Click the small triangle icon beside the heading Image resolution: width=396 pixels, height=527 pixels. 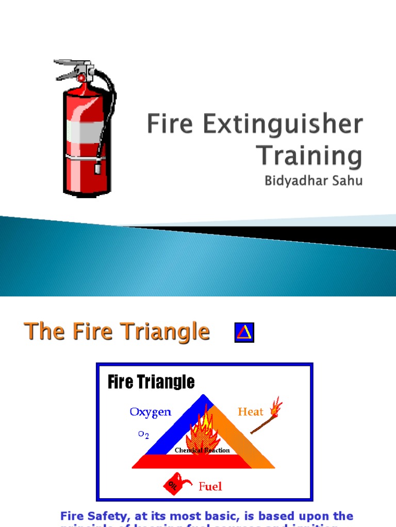(x=244, y=332)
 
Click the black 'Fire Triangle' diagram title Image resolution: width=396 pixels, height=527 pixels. (x=151, y=382)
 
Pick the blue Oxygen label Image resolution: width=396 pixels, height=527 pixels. (x=150, y=412)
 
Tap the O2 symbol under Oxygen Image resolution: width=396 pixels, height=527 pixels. (x=143, y=434)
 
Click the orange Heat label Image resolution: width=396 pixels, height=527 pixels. (x=251, y=412)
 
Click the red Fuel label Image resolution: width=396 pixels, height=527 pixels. (x=210, y=486)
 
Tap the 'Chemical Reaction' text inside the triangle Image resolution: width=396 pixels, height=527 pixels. (x=202, y=450)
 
